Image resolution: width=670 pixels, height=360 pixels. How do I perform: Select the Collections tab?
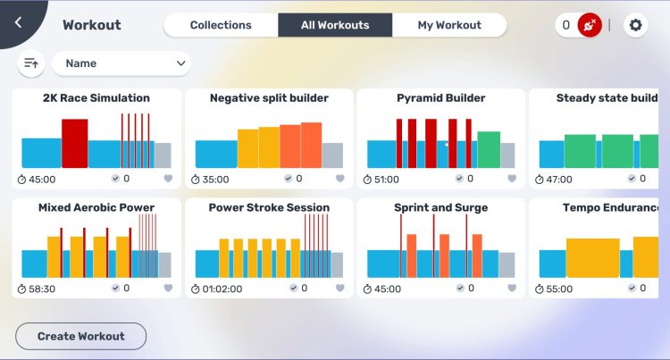pyautogui.click(x=221, y=25)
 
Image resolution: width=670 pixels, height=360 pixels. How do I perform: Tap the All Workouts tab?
pyautogui.click(x=335, y=25)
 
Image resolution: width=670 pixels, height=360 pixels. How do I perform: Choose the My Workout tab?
pyautogui.click(x=449, y=25)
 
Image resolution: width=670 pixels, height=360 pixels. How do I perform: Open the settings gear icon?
pyautogui.click(x=635, y=25)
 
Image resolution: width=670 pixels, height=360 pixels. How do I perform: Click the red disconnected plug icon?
pyautogui.click(x=589, y=25)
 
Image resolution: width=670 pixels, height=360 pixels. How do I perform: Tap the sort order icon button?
pyautogui.click(x=31, y=63)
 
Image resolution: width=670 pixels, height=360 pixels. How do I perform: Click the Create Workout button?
pyautogui.click(x=80, y=336)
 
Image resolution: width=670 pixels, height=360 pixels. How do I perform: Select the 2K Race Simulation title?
pyautogui.click(x=96, y=98)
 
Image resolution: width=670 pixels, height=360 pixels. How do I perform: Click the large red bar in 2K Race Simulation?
pyautogui.click(x=74, y=143)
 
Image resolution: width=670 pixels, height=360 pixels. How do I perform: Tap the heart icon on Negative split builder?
pyautogui.click(x=339, y=179)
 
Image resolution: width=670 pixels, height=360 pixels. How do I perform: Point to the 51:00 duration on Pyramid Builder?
pyautogui.click(x=387, y=179)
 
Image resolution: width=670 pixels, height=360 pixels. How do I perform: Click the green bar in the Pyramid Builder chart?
pyautogui.click(x=489, y=149)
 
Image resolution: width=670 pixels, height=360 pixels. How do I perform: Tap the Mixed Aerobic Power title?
pyautogui.click(x=96, y=208)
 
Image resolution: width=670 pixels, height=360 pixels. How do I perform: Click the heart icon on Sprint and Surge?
pyautogui.click(x=512, y=289)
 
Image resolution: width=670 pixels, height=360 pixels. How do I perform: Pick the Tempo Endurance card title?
pyautogui.click(x=612, y=208)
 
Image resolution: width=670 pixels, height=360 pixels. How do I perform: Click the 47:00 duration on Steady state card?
pyautogui.click(x=559, y=179)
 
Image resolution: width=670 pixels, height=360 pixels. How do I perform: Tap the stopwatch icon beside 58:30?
pyautogui.click(x=22, y=289)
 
